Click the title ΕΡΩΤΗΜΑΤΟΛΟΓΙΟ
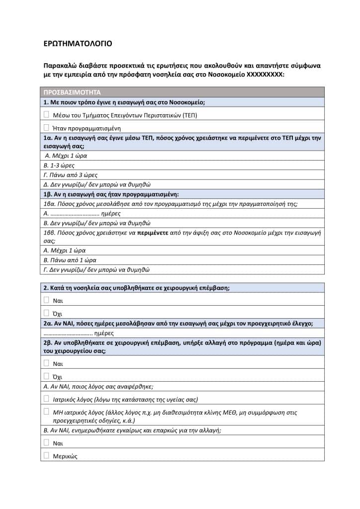click(78, 44)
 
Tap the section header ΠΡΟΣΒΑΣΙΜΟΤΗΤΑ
click(73, 92)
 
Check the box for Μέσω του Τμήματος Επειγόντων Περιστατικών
click(46, 114)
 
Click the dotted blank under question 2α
click(68, 333)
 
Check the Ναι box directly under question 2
click(46, 300)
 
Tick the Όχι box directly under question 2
click(46, 313)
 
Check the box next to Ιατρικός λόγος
click(46, 398)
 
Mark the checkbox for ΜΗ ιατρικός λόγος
click(46, 412)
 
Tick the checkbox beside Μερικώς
click(46, 455)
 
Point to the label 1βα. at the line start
click(51, 204)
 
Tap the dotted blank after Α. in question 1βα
click(75, 213)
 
